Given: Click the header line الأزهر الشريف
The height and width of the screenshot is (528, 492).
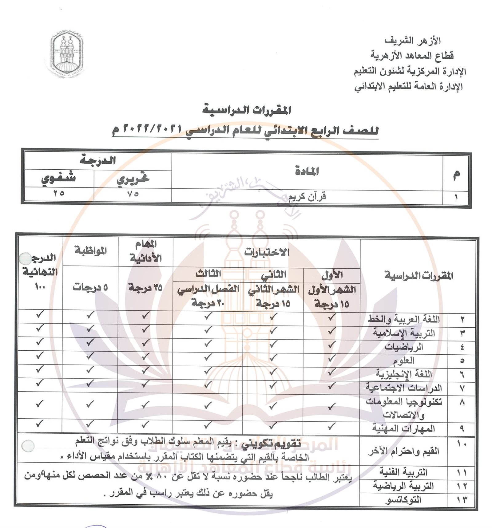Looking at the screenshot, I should pyautogui.click(x=413, y=41).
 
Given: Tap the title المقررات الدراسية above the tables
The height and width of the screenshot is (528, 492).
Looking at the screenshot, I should pyautogui.click(x=247, y=110).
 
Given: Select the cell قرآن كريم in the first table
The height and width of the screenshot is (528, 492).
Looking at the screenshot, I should pyautogui.click(x=307, y=196).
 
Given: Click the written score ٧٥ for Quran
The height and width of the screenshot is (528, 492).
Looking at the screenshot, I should pyautogui.click(x=133, y=194).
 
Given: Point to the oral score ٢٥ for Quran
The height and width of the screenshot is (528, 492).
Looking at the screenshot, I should pyautogui.click(x=59, y=193).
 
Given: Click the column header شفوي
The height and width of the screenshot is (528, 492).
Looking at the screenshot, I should pyautogui.click(x=59, y=178).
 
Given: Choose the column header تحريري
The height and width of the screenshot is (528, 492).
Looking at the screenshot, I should pyautogui.click(x=133, y=179).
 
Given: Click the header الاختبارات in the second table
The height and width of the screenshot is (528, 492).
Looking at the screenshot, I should pyautogui.click(x=267, y=252).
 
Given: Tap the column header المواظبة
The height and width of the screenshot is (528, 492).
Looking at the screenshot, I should pyautogui.click(x=90, y=250).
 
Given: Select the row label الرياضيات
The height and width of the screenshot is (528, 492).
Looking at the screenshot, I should pyautogui.click(x=404, y=347).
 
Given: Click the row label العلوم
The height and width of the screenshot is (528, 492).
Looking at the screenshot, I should pyautogui.click(x=404, y=360).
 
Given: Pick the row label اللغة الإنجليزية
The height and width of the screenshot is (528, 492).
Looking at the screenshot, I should pyautogui.click(x=404, y=374).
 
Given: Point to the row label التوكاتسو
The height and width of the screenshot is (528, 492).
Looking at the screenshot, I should pyautogui.click(x=403, y=500).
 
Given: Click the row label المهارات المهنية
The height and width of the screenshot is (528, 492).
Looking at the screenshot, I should pyautogui.click(x=404, y=428).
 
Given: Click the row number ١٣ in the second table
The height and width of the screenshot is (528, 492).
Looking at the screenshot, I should pyautogui.click(x=461, y=500).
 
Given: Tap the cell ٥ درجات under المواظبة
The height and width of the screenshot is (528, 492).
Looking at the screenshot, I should pyautogui.click(x=90, y=287).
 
